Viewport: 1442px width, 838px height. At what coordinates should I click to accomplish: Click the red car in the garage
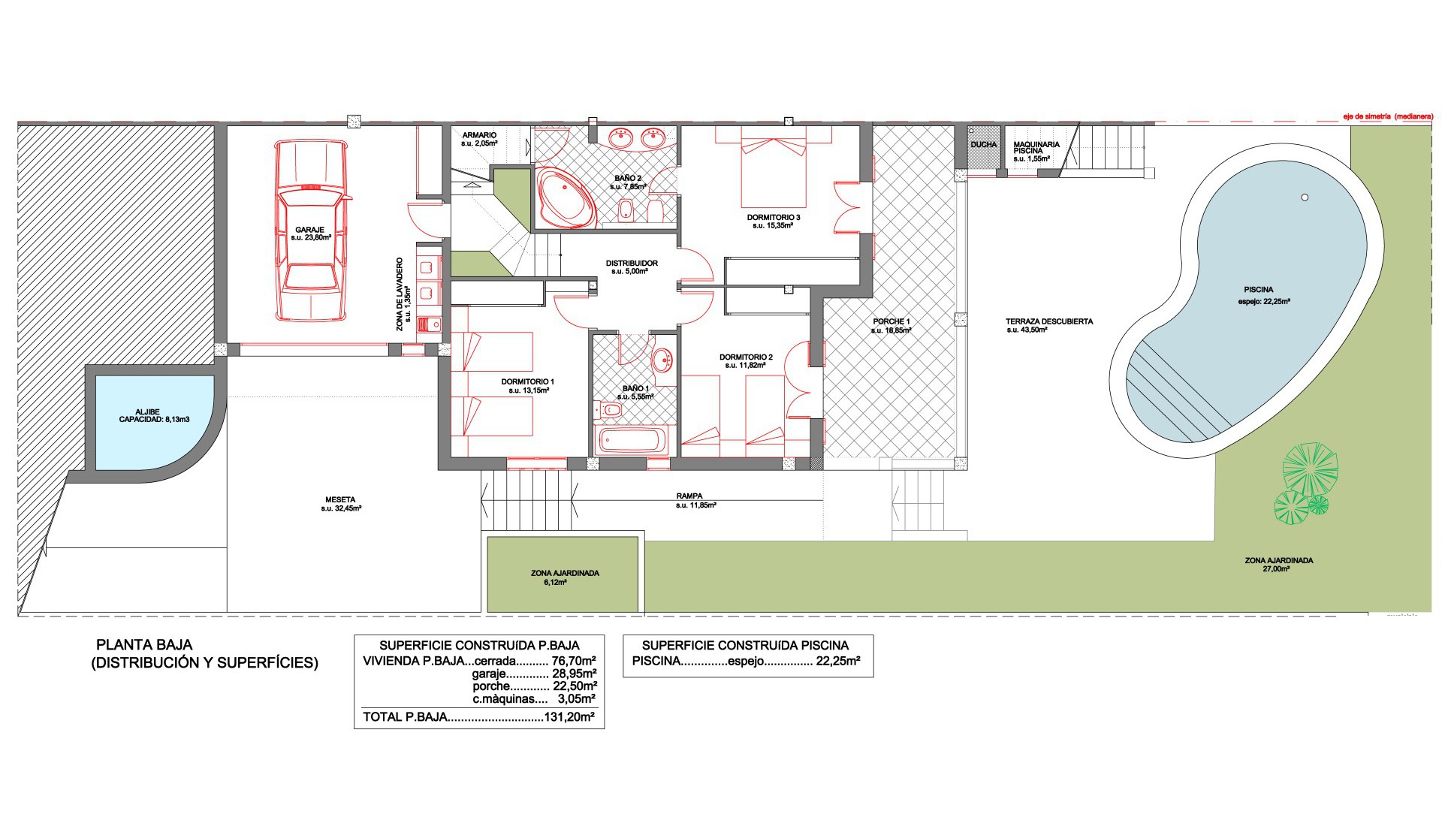(310, 231)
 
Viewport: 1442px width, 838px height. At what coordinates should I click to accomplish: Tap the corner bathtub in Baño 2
(566, 198)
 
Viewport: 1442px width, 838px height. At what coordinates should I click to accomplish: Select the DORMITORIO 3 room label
(773, 218)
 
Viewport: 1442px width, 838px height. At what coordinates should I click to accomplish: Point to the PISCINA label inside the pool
(1259, 290)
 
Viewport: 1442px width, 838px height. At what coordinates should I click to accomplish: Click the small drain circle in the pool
(1305, 197)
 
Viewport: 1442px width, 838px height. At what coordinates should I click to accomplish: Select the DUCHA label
(983, 144)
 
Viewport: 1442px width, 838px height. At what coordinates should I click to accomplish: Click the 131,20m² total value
(569, 717)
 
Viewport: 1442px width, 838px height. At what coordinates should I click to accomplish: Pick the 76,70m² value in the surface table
(575, 662)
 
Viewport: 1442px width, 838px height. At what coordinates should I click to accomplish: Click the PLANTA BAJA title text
(144, 645)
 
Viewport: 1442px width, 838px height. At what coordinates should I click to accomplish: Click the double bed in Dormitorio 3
(774, 166)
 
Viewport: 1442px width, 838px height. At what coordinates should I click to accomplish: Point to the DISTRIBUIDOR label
(632, 264)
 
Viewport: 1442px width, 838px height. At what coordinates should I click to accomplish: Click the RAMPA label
(689, 496)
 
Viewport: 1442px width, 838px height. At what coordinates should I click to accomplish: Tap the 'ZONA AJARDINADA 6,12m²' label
(565, 577)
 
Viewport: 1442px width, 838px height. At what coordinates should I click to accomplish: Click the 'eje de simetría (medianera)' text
(1389, 116)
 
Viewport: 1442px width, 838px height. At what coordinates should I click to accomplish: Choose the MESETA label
(340, 499)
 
